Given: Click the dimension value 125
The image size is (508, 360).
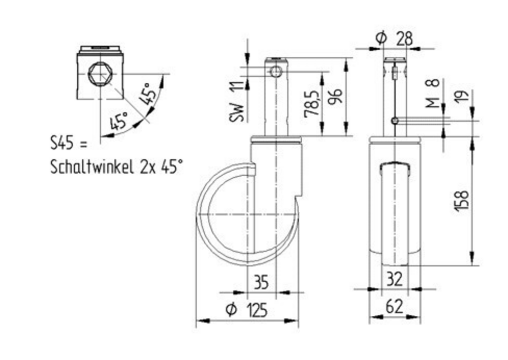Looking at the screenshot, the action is (x=257, y=310).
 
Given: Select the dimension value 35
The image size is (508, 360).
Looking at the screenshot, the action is (x=261, y=282).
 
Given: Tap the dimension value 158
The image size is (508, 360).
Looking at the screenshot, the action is (x=462, y=201).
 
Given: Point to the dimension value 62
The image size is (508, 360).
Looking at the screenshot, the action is (x=394, y=307).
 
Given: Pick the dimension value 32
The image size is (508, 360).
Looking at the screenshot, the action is (x=394, y=279).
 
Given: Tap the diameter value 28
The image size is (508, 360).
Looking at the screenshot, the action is (x=405, y=39).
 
